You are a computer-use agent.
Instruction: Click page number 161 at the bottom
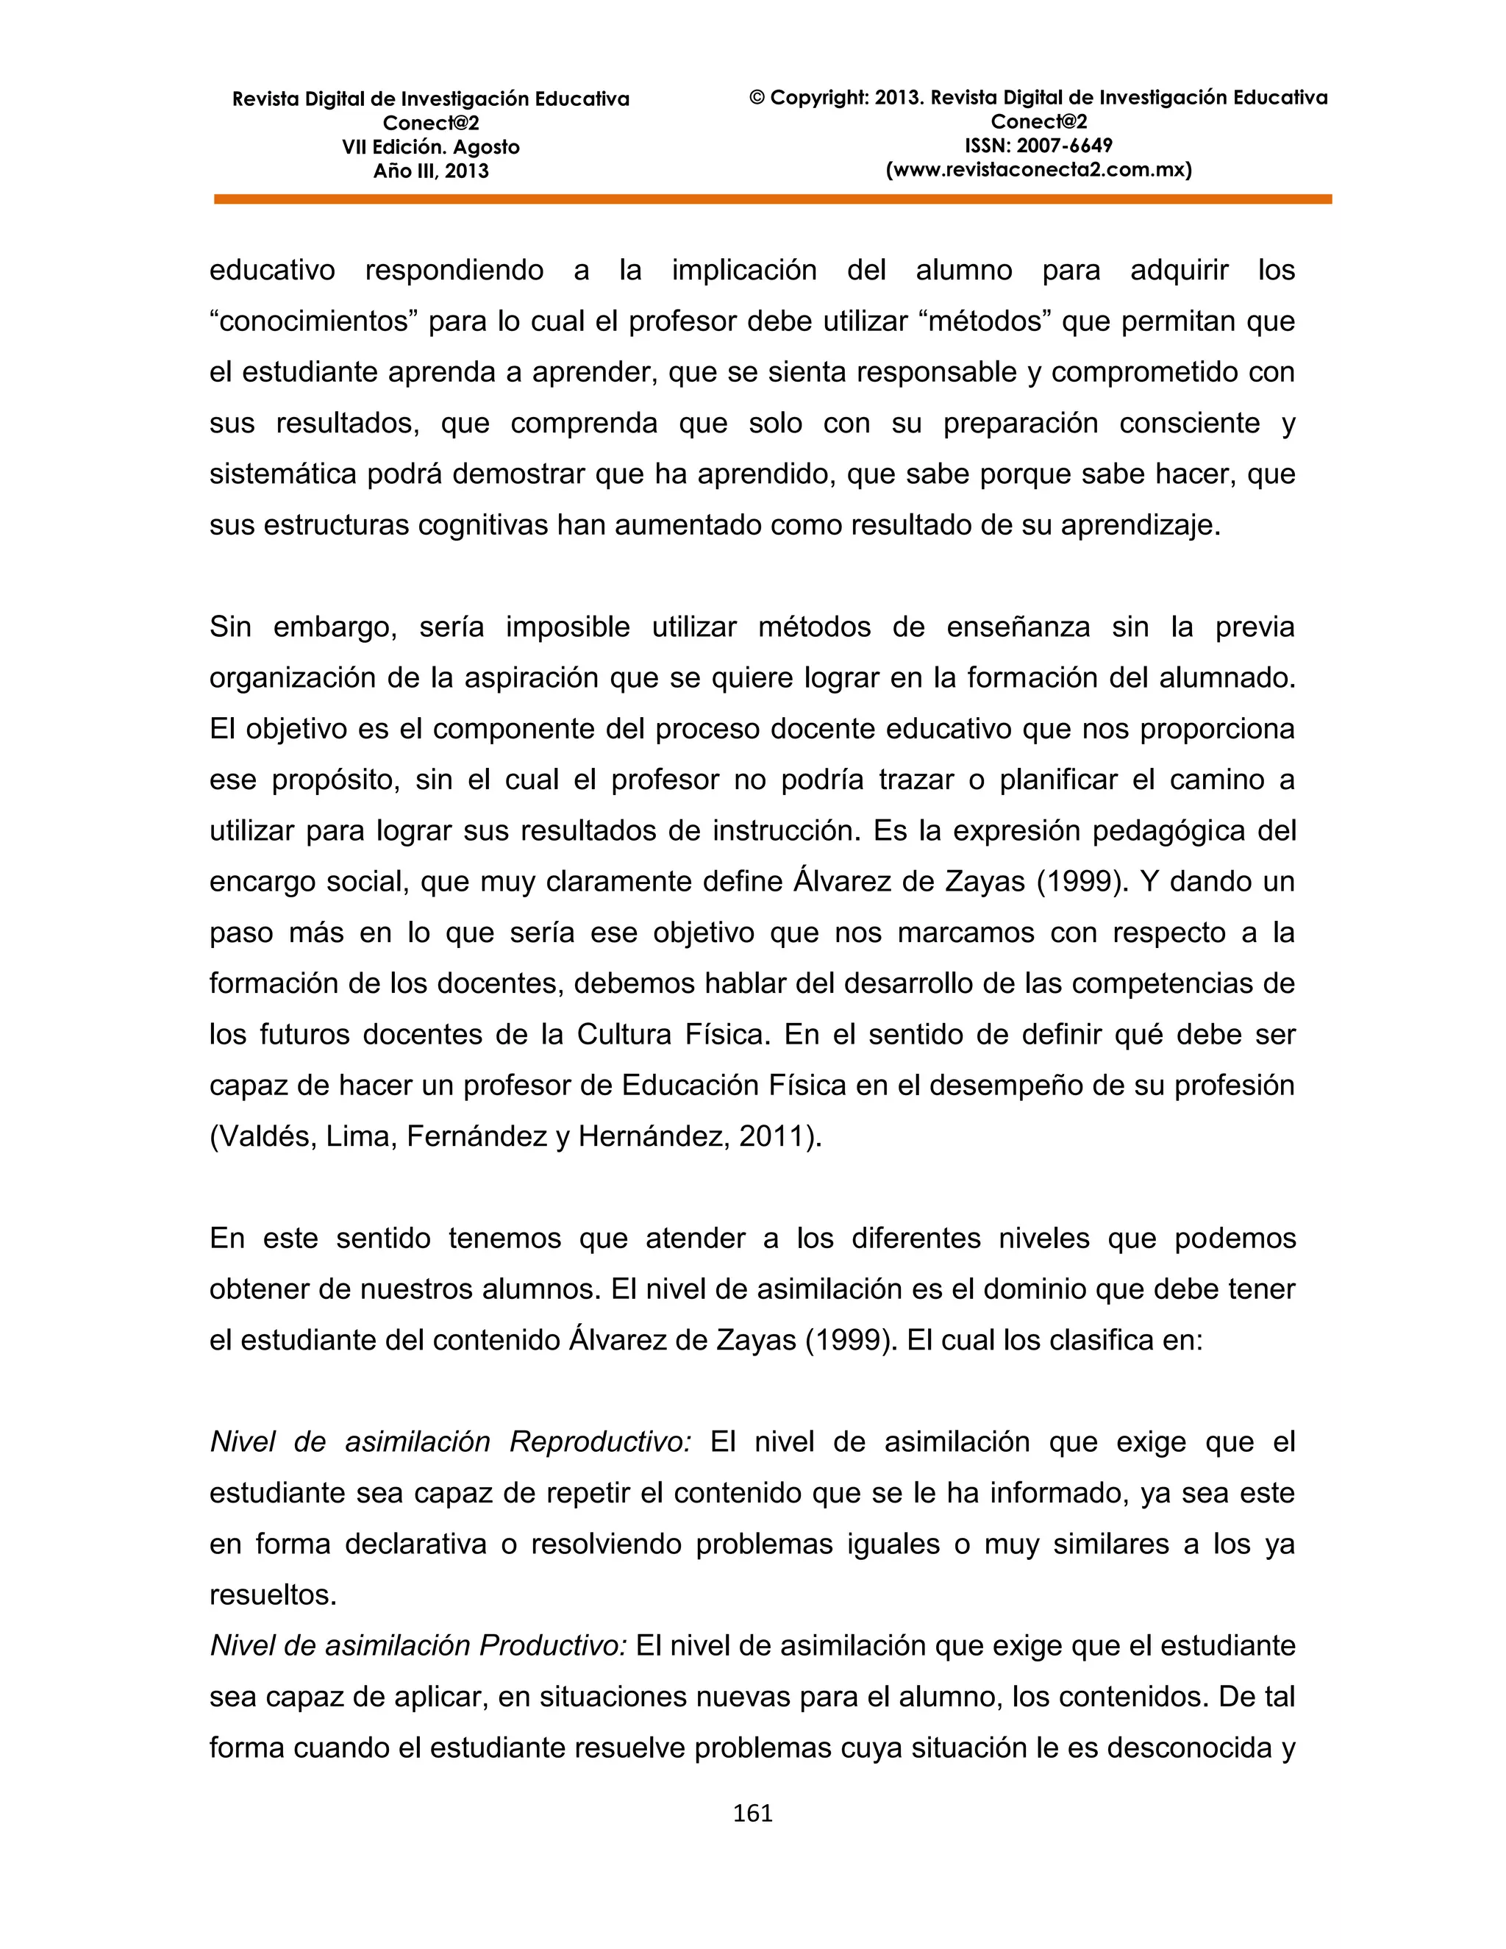coord(752,1814)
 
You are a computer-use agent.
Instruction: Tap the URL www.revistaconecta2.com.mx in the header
coord(1038,170)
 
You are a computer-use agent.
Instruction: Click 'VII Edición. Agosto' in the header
coord(431,147)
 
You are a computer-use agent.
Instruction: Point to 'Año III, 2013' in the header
coord(431,171)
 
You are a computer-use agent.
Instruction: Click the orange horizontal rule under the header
coord(773,200)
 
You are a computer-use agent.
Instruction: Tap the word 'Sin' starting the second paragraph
coord(230,627)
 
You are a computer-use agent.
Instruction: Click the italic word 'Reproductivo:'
coord(599,1442)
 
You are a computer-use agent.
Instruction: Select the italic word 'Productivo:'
coord(553,1645)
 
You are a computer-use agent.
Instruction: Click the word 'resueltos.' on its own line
coord(273,1595)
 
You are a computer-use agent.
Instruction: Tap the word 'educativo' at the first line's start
coord(272,271)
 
